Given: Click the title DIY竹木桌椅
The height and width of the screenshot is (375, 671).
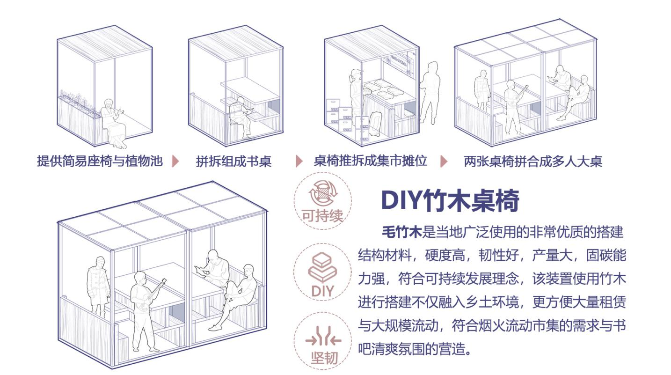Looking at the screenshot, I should [450, 201].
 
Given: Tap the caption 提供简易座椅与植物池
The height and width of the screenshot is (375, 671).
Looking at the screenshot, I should [100, 162].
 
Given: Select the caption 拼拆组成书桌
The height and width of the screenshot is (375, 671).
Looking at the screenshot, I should [233, 162].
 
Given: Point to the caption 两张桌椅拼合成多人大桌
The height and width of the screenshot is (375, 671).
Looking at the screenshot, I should [532, 162].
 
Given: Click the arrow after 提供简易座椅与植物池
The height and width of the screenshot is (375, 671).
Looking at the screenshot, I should [175, 162].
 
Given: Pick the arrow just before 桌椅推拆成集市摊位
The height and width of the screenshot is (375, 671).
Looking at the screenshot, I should [299, 162].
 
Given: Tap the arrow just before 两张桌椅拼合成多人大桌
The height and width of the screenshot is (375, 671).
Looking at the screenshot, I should [444, 162].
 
